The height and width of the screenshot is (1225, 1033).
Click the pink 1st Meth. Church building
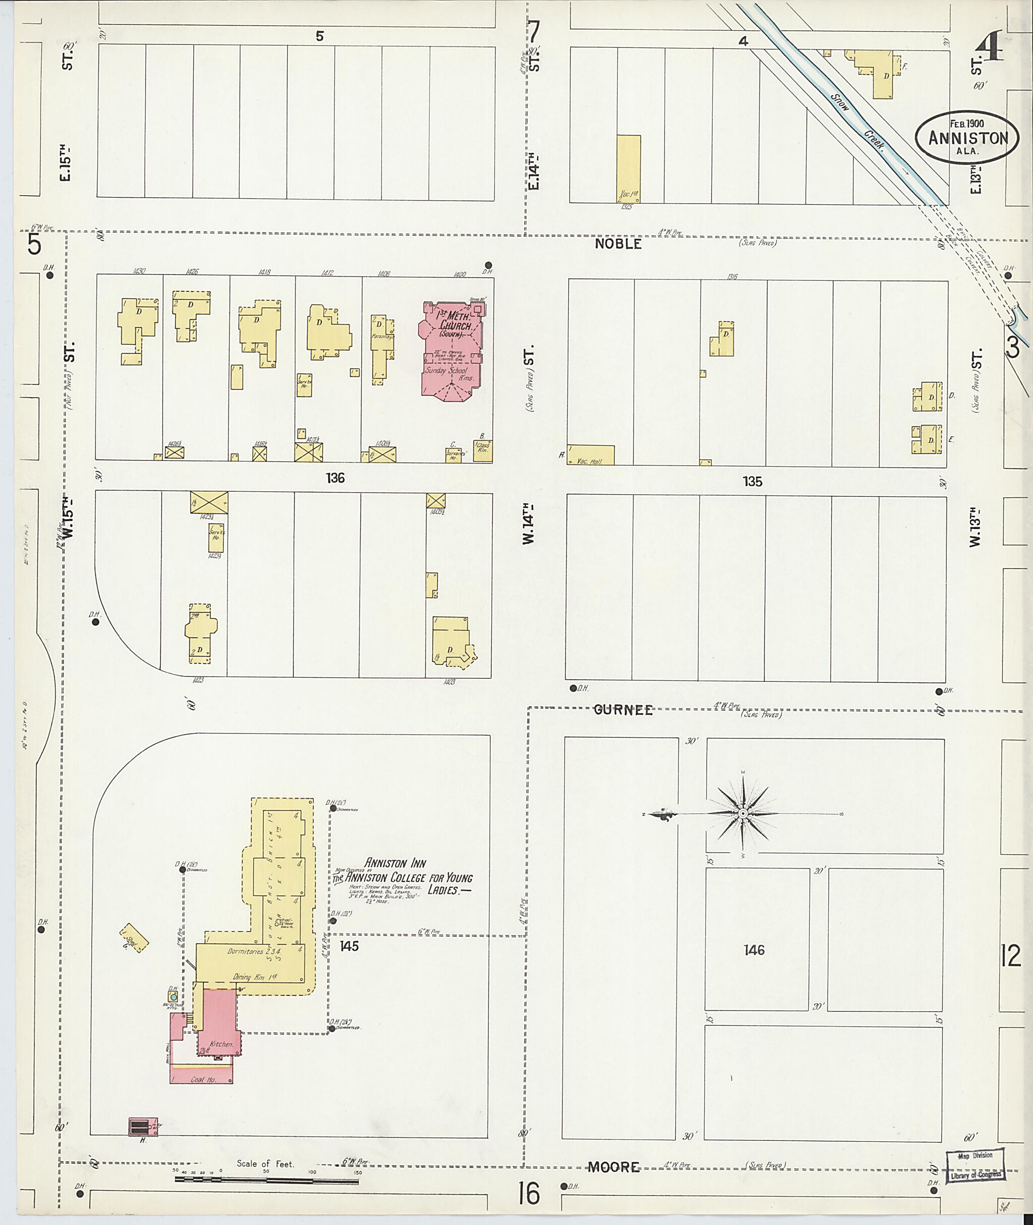pyautogui.click(x=450, y=349)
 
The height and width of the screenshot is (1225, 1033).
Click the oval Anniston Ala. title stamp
pyautogui.click(x=968, y=137)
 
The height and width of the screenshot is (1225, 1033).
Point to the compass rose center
pyautogui.click(x=742, y=813)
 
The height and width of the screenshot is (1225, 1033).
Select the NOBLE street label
pyautogui.click(x=618, y=244)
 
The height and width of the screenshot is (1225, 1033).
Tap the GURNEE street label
pyautogui.click(x=623, y=710)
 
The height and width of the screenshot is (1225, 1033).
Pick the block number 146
pyautogui.click(x=754, y=950)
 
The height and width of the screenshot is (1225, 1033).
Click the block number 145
pyautogui.click(x=349, y=946)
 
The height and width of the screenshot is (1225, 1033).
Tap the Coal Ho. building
pyautogui.click(x=201, y=1079)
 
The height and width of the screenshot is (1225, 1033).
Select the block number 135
pyautogui.click(x=753, y=481)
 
